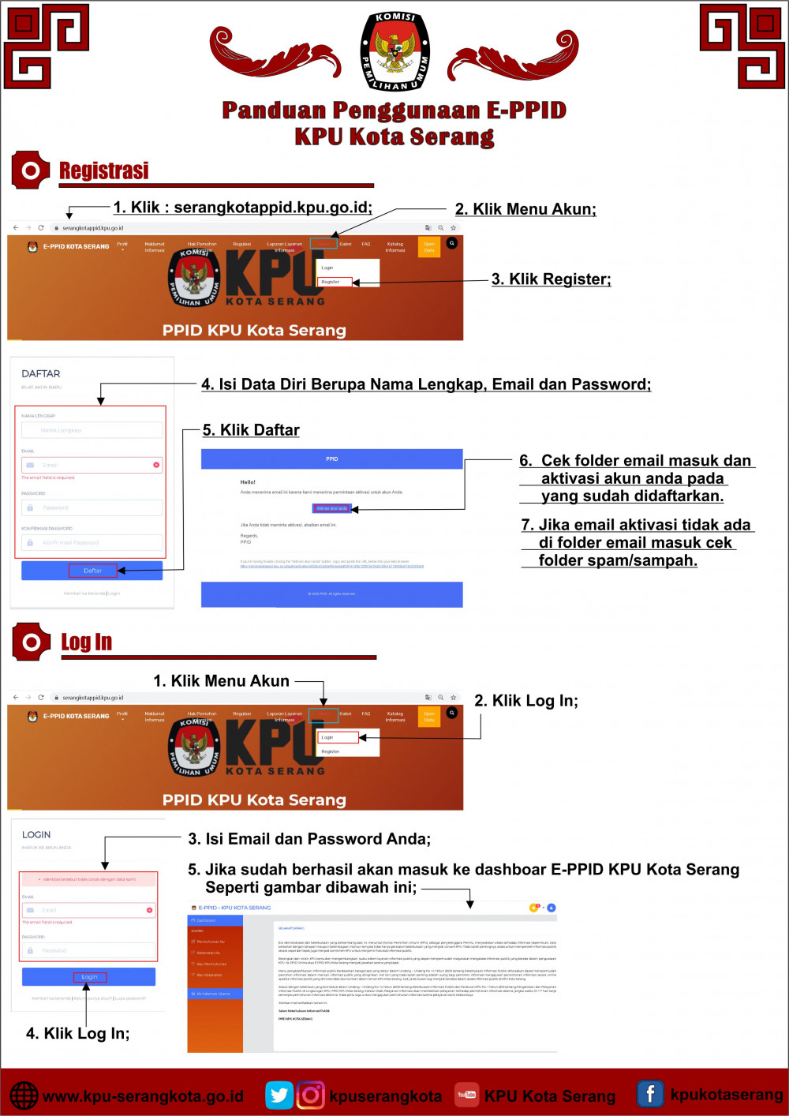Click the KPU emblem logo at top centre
click(x=394, y=51)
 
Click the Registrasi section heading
click(x=103, y=170)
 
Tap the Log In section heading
click(x=86, y=642)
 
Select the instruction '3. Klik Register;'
click(x=551, y=279)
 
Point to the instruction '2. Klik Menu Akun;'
click(x=525, y=209)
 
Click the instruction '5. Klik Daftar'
click(x=251, y=430)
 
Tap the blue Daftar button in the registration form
click(x=92, y=571)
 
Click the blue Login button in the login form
click(x=89, y=977)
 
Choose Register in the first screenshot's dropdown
click(x=334, y=282)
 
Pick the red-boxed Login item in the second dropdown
click(x=337, y=737)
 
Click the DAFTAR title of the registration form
click(x=41, y=374)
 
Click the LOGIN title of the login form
click(x=36, y=834)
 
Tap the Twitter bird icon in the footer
click(x=279, y=1095)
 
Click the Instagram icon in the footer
click(x=311, y=1095)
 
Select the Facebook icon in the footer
click(x=650, y=1094)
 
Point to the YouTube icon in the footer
click(x=466, y=1095)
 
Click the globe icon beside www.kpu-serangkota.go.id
click(x=24, y=1095)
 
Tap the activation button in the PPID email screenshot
click(x=332, y=508)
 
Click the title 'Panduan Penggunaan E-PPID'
click(x=394, y=110)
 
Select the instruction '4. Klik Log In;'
click(x=77, y=1034)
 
